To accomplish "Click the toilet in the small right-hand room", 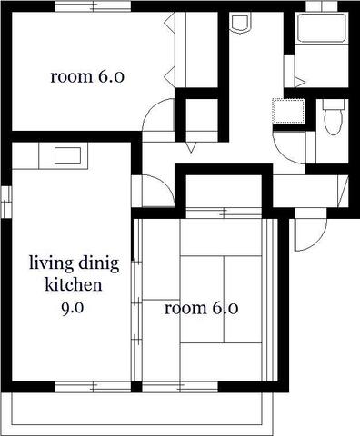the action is click(334, 117).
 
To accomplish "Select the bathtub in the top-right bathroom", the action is click(322, 28).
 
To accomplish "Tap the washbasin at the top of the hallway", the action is click(241, 22).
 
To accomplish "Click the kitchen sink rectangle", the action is click(67, 156).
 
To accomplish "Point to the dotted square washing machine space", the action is click(288, 111).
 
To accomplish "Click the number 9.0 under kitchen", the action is click(73, 308).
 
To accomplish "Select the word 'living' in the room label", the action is click(51, 263).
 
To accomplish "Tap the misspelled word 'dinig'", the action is click(98, 263).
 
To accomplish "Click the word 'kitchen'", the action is click(74, 285).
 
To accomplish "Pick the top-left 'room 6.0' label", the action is click(87, 76).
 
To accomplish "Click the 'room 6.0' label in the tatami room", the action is click(201, 308).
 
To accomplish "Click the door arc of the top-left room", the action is click(153, 111).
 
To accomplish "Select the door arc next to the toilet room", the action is click(284, 153).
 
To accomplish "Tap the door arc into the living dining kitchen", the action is click(164, 184).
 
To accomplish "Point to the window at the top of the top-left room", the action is click(93, 6).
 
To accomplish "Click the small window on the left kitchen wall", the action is click(5, 202).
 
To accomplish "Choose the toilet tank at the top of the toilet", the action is click(334, 104).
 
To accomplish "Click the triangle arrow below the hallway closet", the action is click(191, 147).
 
